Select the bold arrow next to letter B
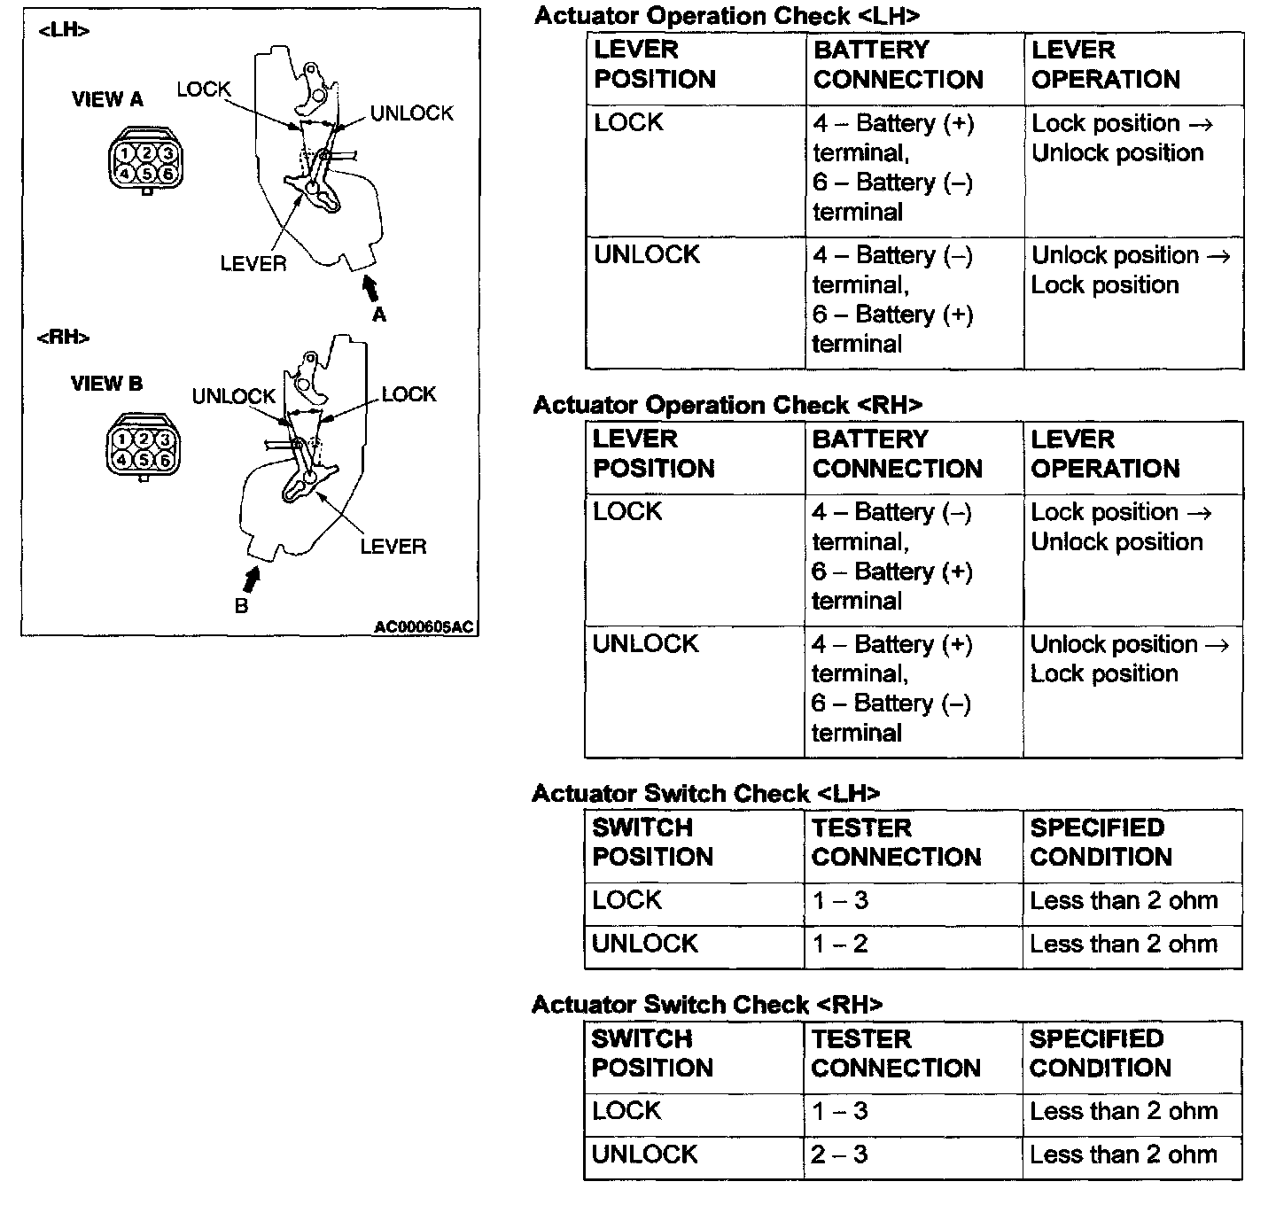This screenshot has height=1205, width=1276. [252, 579]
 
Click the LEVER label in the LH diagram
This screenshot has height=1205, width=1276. [253, 263]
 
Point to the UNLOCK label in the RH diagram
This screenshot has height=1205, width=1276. [234, 396]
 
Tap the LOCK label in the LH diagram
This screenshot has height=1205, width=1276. [203, 89]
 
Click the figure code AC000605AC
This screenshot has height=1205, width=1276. [424, 627]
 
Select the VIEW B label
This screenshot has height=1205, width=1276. [106, 384]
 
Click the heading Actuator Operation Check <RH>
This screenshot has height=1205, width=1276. [727, 405]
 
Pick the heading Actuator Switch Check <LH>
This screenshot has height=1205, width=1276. [706, 793]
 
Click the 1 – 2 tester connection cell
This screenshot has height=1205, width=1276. [840, 944]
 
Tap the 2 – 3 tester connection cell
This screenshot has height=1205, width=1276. [838, 1154]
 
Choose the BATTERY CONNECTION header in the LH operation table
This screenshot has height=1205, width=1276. [898, 65]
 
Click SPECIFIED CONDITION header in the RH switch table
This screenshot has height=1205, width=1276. [1100, 1053]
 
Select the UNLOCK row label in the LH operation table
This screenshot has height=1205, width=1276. [647, 254]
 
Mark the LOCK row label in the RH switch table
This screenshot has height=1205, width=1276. [626, 1111]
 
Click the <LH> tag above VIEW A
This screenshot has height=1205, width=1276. [64, 31]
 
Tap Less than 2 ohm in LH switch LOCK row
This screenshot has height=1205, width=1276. [1124, 901]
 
